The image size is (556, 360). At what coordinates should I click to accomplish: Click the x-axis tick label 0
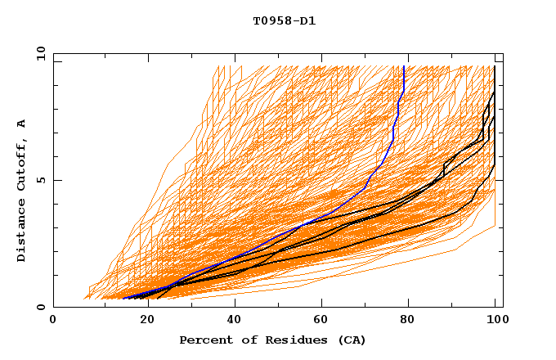tap(54, 320)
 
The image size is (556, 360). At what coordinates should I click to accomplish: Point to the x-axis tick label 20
tap(142, 320)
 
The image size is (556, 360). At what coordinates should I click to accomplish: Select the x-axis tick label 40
tap(231, 320)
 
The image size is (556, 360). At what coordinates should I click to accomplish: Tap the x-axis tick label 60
tap(319, 320)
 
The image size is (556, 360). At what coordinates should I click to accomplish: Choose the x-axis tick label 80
tap(407, 320)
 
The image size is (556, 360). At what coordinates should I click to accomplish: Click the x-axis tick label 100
tap(495, 320)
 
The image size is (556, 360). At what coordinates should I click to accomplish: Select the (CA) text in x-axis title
tap(350, 340)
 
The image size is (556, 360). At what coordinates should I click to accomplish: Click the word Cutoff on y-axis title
tap(22, 163)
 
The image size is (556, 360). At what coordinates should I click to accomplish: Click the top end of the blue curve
tap(404, 66)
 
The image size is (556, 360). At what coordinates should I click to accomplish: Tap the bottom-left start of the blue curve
tap(123, 299)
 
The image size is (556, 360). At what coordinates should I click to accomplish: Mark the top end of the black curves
tap(495, 66)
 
